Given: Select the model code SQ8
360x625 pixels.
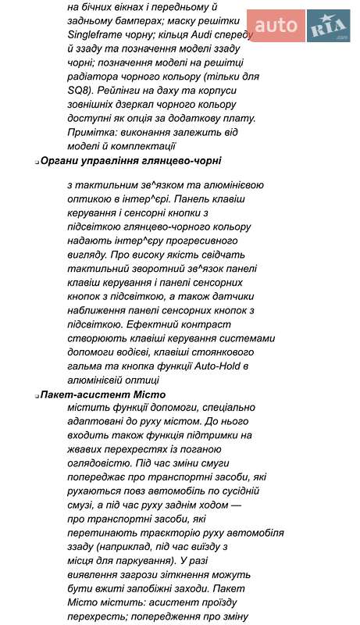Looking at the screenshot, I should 81,91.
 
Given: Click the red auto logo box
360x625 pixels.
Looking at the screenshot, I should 276,26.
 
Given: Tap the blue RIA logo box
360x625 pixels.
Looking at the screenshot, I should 328,26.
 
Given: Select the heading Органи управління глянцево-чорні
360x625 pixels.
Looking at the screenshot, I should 130,160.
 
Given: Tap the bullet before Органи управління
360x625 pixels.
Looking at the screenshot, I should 37,162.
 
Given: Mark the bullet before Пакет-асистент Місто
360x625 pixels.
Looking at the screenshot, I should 37,396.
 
